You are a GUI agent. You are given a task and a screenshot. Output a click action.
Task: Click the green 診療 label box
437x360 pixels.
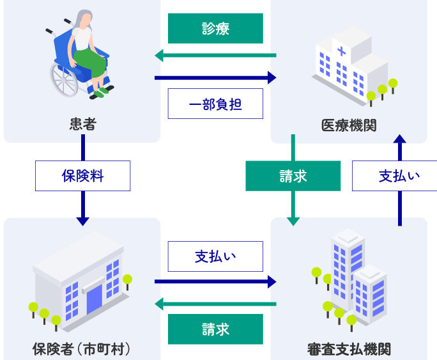point(215,28)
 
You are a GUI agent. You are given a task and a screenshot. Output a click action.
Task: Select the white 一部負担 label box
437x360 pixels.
point(215,104)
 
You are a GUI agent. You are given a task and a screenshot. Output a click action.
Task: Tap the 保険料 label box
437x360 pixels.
point(83,176)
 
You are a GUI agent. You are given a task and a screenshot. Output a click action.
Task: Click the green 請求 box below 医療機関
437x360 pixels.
point(293,176)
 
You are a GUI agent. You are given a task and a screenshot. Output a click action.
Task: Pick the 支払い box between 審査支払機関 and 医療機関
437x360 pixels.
point(395,176)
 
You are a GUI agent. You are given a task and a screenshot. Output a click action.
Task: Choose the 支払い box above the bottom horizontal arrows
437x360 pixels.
point(215,256)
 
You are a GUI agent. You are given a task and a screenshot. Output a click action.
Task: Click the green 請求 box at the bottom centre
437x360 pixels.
point(215,329)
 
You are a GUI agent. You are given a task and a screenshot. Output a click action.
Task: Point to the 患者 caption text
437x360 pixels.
point(83,124)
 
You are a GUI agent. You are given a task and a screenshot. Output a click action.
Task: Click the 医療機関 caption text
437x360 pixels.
point(349,125)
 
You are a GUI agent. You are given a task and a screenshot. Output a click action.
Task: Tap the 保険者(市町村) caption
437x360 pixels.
point(81,349)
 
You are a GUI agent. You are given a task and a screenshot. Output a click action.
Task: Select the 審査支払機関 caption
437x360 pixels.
point(349,349)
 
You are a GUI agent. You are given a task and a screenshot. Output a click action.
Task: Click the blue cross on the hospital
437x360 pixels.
point(341,51)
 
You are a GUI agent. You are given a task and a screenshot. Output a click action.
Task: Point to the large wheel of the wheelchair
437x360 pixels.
point(64,80)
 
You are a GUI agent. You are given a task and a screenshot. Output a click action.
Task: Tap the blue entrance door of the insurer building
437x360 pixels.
point(95,300)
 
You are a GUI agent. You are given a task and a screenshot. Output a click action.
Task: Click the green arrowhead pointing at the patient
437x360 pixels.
point(159,56)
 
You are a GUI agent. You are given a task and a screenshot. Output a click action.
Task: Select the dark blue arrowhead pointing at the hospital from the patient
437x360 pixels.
point(272,77)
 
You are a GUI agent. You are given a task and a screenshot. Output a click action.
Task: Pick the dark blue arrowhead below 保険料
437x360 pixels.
point(83,222)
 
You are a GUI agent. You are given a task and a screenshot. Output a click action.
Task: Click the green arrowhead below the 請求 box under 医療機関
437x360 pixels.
point(293,222)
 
